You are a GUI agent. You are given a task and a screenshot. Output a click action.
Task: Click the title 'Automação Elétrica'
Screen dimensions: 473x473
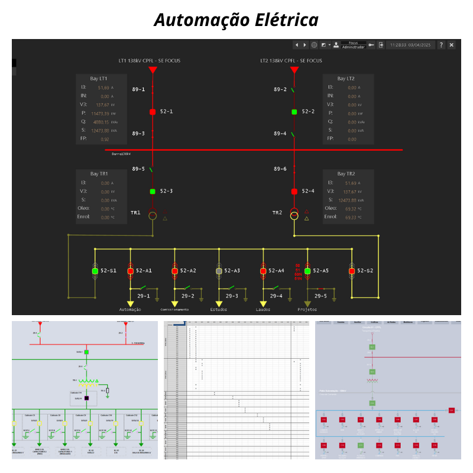click(237, 20)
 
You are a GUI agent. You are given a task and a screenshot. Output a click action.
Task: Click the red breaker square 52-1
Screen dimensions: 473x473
click(152, 111)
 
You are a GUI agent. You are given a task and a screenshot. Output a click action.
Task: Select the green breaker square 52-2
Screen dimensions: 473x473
click(294, 111)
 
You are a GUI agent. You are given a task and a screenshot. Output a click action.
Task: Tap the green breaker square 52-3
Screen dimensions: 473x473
click(152, 191)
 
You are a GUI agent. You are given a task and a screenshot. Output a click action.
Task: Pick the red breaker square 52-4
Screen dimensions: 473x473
click(294, 191)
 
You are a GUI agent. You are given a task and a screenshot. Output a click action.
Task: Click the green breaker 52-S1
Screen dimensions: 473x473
click(95, 271)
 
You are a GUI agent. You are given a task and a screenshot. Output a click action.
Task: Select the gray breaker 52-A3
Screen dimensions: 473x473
click(219, 271)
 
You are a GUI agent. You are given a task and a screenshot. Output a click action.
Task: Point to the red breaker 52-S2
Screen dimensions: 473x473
click(352, 271)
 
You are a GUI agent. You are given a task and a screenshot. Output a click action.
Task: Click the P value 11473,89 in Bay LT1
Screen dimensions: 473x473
click(100, 113)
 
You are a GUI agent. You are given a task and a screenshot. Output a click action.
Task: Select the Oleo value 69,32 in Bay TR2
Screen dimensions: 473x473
click(351, 209)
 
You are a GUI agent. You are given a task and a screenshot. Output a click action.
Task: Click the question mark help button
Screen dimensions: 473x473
click(441, 45)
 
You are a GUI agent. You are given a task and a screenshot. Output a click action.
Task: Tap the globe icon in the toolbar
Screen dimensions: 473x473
click(314, 45)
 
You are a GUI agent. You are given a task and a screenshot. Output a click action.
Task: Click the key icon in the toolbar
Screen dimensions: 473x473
click(371, 45)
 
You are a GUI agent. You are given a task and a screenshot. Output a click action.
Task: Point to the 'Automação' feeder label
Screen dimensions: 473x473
click(130, 309)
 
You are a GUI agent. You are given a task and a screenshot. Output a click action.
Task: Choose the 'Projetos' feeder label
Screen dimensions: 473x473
click(307, 309)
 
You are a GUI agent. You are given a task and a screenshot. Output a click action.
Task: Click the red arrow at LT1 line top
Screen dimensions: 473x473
click(153, 70)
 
